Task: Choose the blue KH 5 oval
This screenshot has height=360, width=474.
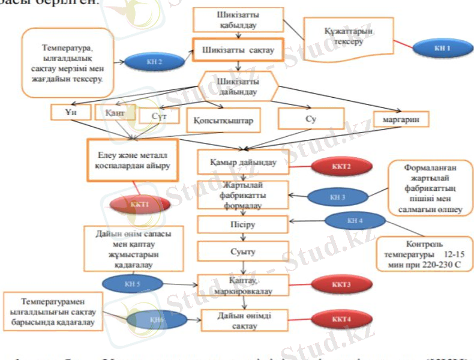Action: (132, 281)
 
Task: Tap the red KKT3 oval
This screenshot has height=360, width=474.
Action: (338, 283)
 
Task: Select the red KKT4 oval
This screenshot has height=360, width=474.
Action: (338, 318)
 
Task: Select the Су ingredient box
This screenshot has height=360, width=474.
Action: (311, 119)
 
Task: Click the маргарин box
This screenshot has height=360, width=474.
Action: (401, 119)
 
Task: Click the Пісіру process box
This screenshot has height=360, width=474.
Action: (243, 224)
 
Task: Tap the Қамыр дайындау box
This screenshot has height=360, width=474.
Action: (243, 162)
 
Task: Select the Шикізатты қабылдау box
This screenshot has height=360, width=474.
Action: (238, 20)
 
